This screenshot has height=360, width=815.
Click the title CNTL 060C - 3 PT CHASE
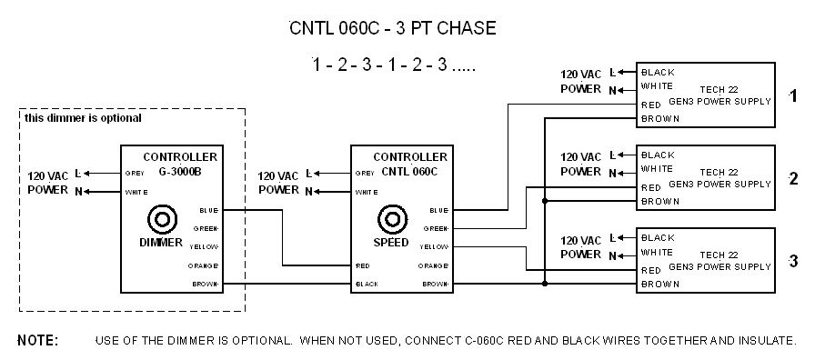(x=392, y=29)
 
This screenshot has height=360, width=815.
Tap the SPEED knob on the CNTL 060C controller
(x=392, y=220)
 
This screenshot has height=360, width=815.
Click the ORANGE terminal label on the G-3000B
(x=205, y=265)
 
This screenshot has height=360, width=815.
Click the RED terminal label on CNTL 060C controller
(x=361, y=265)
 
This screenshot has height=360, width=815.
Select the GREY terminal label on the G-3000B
(x=134, y=173)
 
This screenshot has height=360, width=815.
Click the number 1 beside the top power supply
(x=793, y=94)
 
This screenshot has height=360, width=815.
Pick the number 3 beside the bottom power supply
(x=793, y=262)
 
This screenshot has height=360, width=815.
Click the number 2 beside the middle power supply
(x=793, y=178)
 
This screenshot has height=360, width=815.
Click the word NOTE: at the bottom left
(x=38, y=341)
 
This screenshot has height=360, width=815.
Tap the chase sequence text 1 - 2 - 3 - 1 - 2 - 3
(x=392, y=66)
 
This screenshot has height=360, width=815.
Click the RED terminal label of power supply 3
(x=651, y=271)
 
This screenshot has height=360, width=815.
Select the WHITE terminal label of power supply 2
(x=657, y=169)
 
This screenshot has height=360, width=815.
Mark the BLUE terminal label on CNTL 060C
(x=438, y=210)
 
